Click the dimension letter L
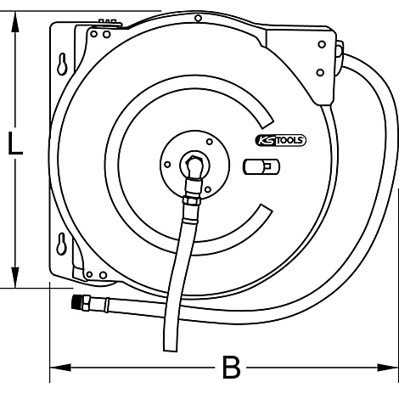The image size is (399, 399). click(x=15, y=143)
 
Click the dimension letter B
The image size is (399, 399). click(x=231, y=368)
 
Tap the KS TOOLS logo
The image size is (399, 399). click(x=281, y=140)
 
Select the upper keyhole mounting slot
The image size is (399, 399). click(x=62, y=64)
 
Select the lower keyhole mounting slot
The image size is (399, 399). click(x=61, y=244)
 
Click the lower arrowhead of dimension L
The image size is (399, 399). click(x=15, y=278)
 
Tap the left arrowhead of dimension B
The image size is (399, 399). click(x=60, y=368)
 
